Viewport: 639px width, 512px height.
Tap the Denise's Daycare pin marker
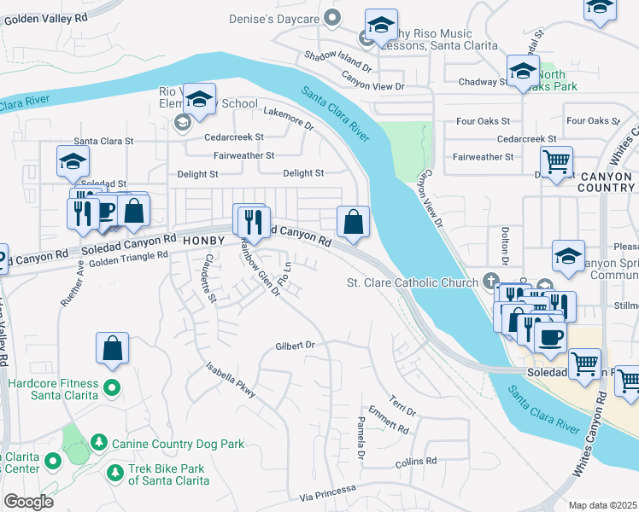tap(332, 19)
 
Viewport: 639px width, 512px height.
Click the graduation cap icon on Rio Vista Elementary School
tap(199, 100)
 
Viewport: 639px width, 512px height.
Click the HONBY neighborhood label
tap(202, 241)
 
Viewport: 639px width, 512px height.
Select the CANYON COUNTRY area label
tap(603, 182)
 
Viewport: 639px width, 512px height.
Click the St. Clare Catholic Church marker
tap(490, 281)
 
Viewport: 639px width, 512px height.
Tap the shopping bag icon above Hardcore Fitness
tap(112, 348)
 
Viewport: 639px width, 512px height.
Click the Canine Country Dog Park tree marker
tap(100, 442)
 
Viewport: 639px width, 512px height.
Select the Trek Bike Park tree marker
tap(114, 471)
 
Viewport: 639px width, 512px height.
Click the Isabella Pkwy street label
tap(230, 380)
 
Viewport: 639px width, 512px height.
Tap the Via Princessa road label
tap(327, 492)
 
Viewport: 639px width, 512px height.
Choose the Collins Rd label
tap(416, 462)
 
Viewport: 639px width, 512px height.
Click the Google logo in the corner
tap(28, 502)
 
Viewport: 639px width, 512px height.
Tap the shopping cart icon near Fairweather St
tap(556, 160)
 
